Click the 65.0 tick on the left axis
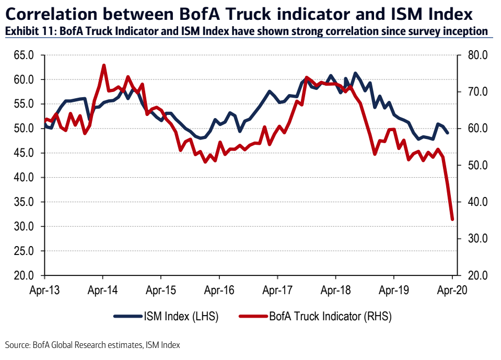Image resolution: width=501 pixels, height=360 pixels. pyautogui.click(x=23, y=55)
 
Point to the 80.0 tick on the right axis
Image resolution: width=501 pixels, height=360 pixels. pyautogui.click(x=477, y=55)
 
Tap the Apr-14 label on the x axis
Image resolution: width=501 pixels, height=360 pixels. pyautogui.click(x=102, y=288)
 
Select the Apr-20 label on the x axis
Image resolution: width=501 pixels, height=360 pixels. pyautogui.click(x=451, y=288)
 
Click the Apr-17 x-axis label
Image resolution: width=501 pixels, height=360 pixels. pyautogui.click(x=277, y=288)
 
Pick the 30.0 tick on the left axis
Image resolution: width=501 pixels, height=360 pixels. pyautogui.click(x=23, y=227)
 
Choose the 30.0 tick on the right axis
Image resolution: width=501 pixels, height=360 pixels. pyautogui.click(x=477, y=239)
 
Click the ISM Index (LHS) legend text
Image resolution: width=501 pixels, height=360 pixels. pyautogui.click(x=180, y=316)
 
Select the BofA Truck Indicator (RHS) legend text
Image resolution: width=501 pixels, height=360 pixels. pyautogui.click(x=330, y=316)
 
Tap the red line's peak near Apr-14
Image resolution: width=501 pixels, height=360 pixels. pyautogui.click(x=104, y=66)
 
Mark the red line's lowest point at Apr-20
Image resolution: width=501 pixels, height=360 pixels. pyautogui.click(x=452, y=219)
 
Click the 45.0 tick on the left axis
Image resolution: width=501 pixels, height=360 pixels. pyautogui.click(x=23, y=153)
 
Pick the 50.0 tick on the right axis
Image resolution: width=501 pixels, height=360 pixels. pyautogui.click(x=477, y=166)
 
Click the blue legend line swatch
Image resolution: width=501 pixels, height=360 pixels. pyautogui.click(x=128, y=316)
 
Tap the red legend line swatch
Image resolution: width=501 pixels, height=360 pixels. pyautogui.click(x=252, y=316)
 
